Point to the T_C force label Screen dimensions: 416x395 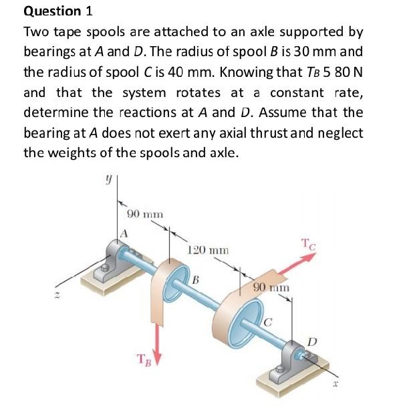click(310, 244)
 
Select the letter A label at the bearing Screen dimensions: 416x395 click(124, 233)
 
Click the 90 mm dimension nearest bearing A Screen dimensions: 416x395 click(145, 214)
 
